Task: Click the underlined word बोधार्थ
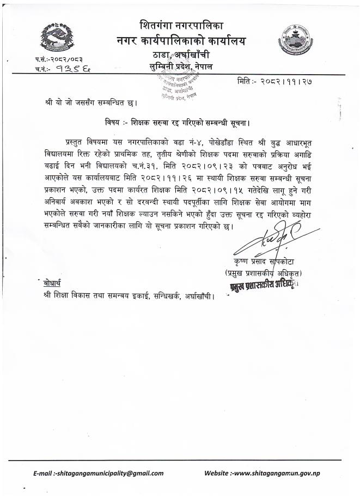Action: pos(50,286)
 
